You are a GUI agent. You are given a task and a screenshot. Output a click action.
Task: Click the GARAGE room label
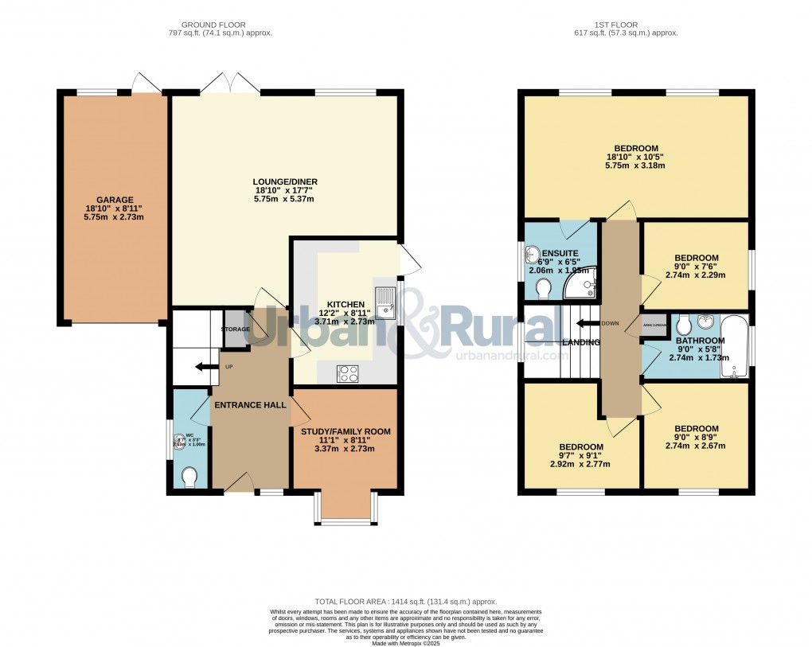[115, 200]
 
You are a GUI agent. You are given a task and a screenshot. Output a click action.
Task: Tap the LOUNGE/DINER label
[284, 182]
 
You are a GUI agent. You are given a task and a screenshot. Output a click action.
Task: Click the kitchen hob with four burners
[348, 372]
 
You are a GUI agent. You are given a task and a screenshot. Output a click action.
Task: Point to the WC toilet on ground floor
[189, 477]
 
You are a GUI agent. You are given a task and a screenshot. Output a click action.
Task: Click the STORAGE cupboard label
[236, 329]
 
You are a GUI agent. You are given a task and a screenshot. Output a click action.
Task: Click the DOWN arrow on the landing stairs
[588, 323]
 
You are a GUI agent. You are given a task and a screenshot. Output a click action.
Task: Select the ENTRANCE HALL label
[249, 405]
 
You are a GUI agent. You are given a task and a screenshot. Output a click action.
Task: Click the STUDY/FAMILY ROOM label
[345, 432]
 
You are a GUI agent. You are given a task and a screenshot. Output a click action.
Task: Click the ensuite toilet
[543, 292]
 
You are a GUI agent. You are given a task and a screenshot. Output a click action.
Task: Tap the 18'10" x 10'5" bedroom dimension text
[634, 157]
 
